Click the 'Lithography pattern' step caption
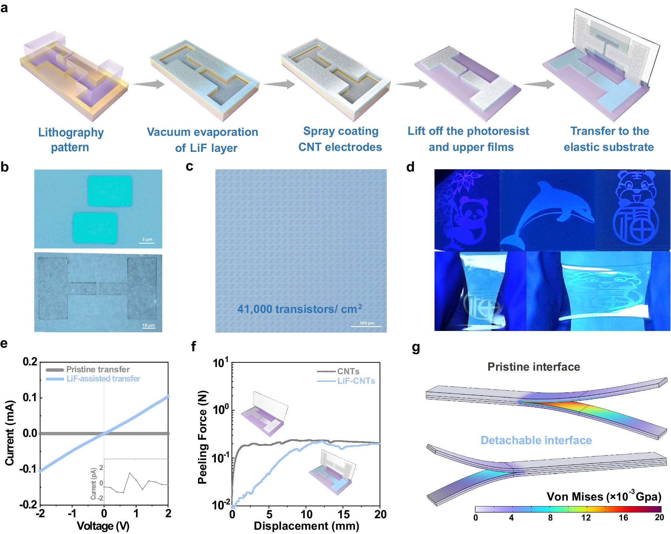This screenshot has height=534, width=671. [70, 139]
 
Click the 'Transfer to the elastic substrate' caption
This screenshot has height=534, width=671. [609, 139]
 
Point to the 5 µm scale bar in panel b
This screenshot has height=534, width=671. [147, 242]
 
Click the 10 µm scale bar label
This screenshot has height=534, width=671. [148, 325]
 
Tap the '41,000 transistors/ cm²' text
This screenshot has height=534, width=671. [300, 309]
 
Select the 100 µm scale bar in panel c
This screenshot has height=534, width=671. [366, 326]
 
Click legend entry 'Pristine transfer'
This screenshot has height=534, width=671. [98, 369]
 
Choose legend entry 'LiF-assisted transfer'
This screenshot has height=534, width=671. [103, 379]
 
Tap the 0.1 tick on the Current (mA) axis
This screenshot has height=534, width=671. [30, 398]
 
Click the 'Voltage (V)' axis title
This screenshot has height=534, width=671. [103, 526]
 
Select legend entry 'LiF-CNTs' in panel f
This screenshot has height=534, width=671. [356, 381]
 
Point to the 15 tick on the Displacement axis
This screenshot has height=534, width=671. [343, 514]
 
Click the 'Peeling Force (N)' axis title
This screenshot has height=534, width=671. [203, 437]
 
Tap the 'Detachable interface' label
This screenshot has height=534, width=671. [536, 440]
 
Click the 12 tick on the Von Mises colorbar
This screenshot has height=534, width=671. [586, 518]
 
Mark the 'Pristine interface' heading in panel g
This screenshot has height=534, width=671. [534, 367]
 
